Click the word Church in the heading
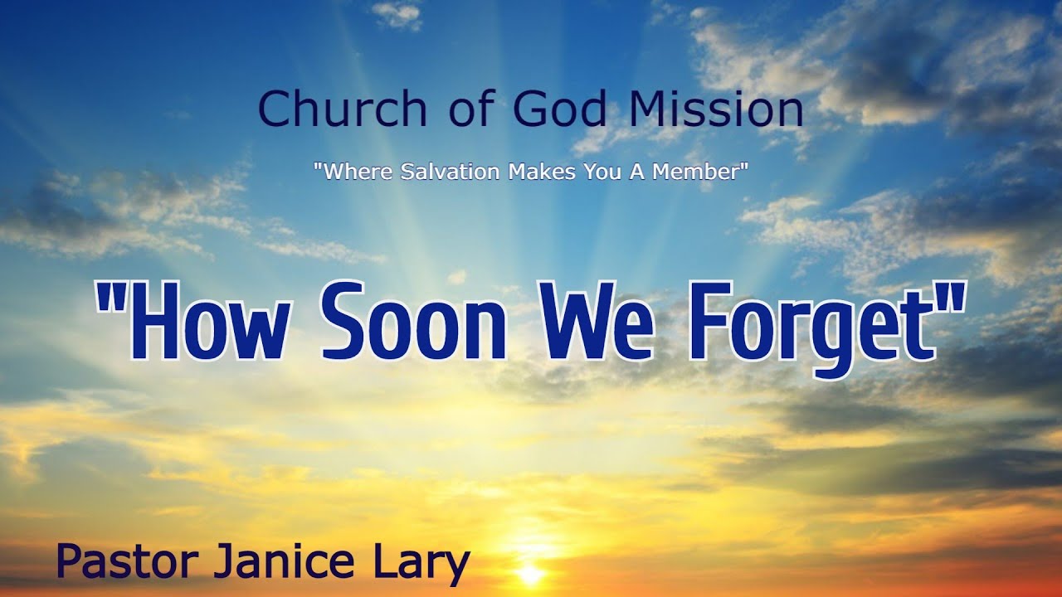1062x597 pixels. click(x=342, y=109)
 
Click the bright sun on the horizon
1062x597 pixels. click(x=529, y=572)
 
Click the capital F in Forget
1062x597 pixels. click(x=710, y=319)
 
